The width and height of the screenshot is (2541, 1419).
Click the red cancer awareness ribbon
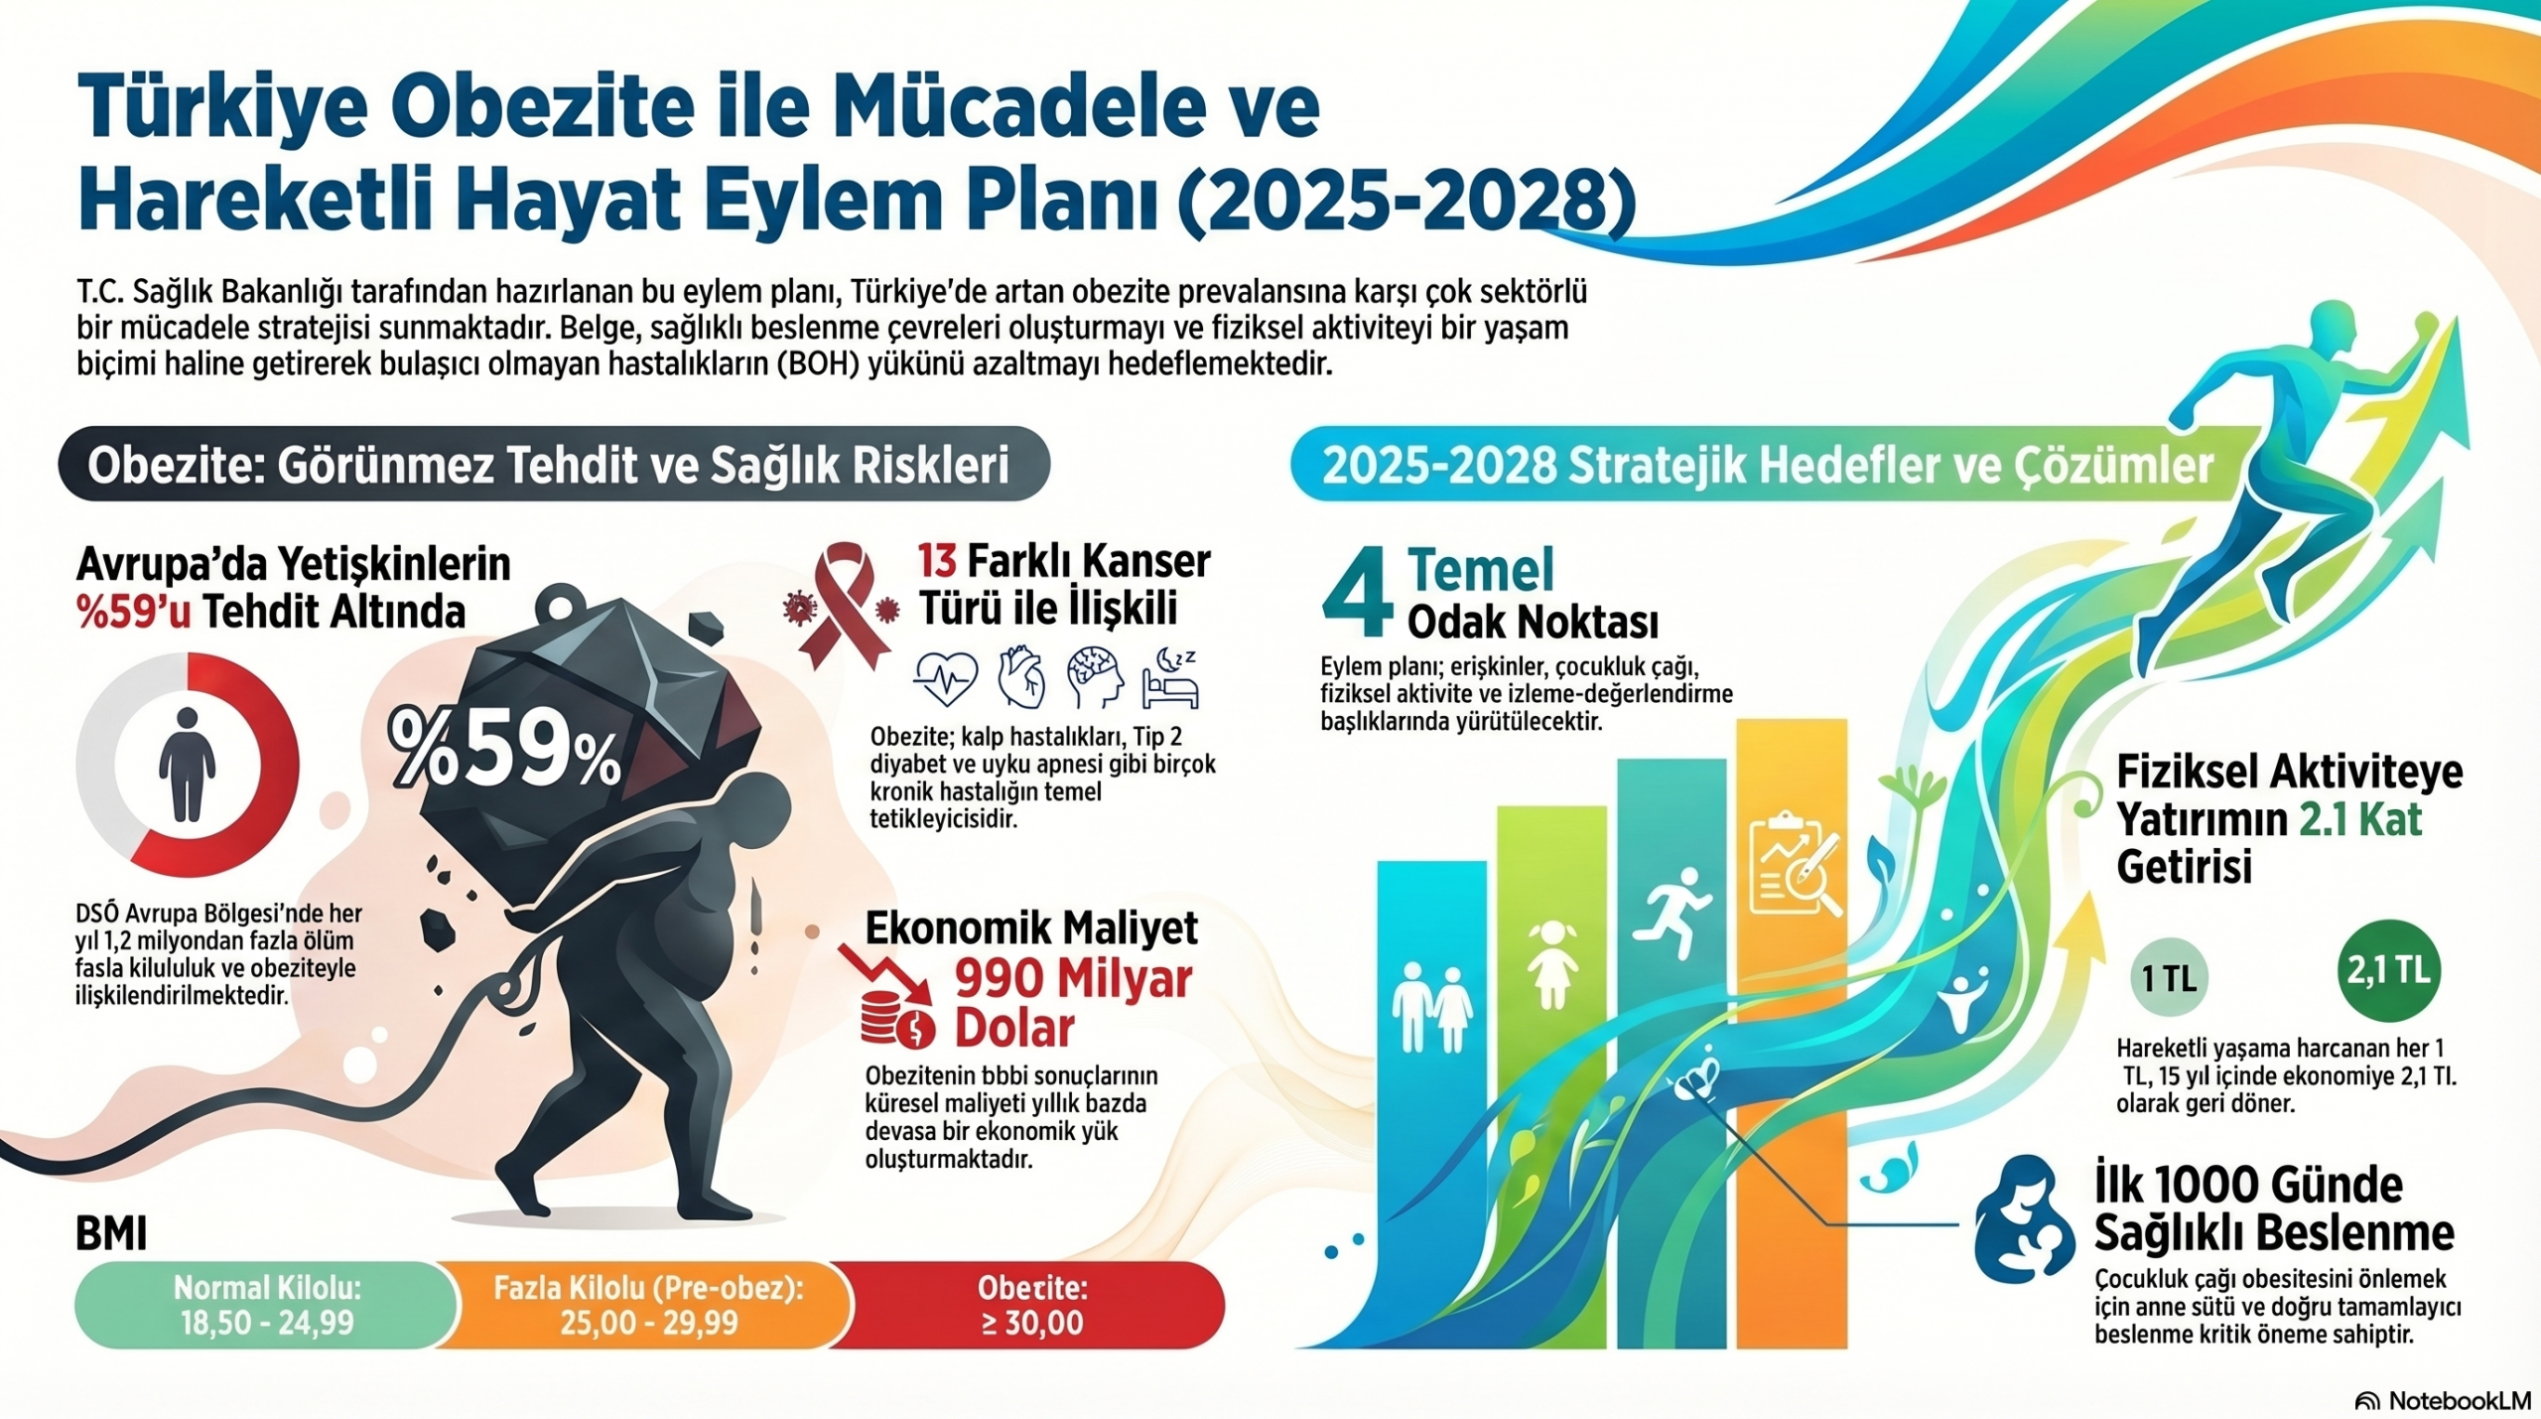[x=844, y=606]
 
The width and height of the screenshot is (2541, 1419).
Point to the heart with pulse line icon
[x=945, y=678]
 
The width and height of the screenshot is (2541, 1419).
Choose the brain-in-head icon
[x=1096, y=677]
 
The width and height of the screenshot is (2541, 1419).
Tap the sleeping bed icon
[x=1171, y=677]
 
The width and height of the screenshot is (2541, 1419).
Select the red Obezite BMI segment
[x=1028, y=1305]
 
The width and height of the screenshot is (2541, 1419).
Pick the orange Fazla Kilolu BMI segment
[x=645, y=1305]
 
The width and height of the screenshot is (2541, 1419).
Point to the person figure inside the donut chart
[x=187, y=765]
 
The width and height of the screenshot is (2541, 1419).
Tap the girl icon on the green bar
[x=1552, y=963]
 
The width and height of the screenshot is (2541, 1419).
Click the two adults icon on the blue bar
[x=1432, y=1008]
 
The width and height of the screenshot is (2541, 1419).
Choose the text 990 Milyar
[x=1073, y=981]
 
